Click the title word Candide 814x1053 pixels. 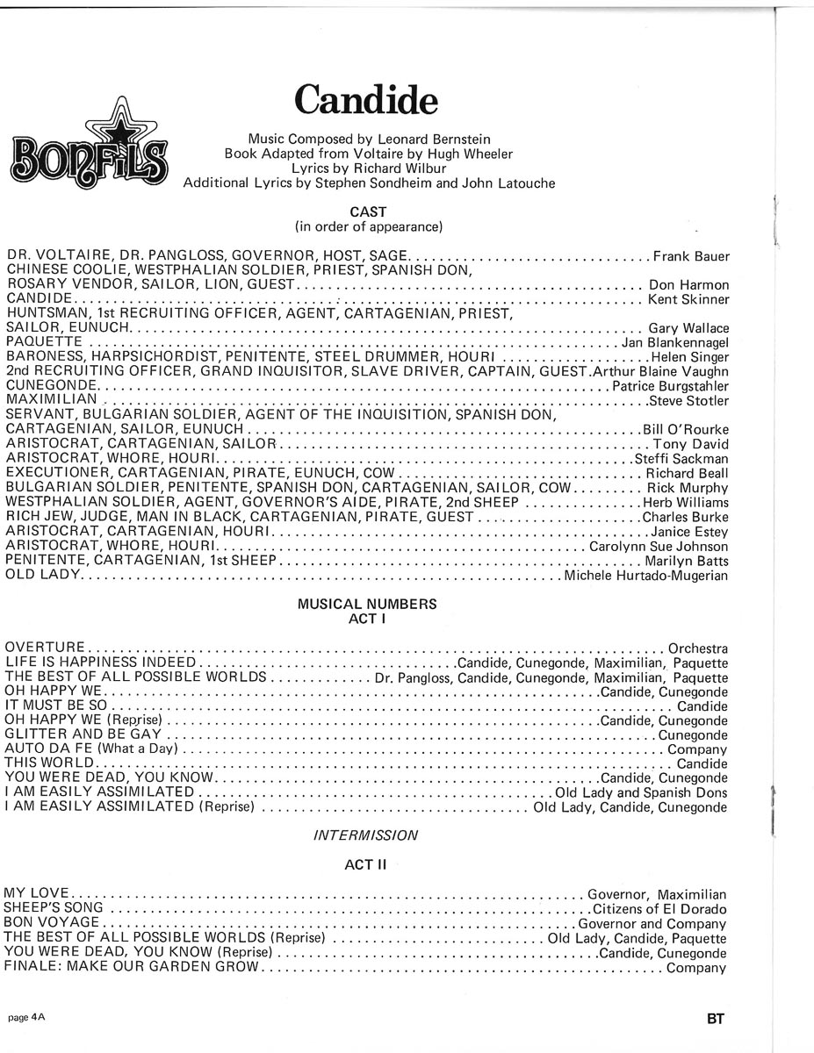(365, 101)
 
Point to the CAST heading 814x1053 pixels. (368, 212)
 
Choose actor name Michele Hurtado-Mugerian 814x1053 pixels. (646, 576)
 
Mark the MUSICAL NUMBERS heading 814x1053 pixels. (367, 605)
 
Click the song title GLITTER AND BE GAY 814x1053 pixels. (83, 734)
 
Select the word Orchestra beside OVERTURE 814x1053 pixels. (698, 648)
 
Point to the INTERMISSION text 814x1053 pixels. (365, 835)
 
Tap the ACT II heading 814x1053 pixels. (365, 865)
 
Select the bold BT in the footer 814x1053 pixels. (713, 1020)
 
